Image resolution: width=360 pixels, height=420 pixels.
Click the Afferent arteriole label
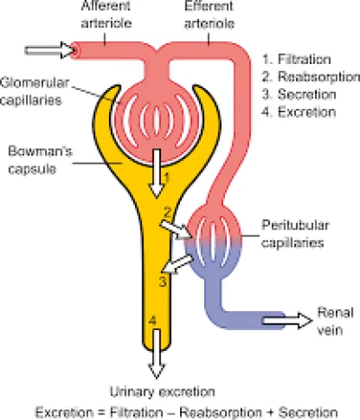[x=106, y=14]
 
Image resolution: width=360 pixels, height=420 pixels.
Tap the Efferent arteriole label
[x=209, y=14]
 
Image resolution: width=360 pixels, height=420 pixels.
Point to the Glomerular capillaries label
[x=34, y=91]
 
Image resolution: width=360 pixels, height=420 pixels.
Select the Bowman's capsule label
[x=40, y=160]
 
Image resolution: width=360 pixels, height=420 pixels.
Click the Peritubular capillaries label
[x=295, y=234]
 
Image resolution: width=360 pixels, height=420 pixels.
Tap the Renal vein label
[x=336, y=321]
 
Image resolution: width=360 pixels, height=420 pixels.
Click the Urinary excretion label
[x=162, y=392]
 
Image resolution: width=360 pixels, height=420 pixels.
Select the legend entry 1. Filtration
[x=297, y=59]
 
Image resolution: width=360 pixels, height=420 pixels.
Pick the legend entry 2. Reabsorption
[x=310, y=76]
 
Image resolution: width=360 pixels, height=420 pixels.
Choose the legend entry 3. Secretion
[x=299, y=94]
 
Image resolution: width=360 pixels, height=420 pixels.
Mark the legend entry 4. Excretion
[x=299, y=112]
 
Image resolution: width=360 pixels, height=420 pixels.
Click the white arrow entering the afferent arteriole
[x=49, y=49]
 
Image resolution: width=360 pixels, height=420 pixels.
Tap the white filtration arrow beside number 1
[x=157, y=174]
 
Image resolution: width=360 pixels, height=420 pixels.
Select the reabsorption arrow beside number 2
[x=176, y=230]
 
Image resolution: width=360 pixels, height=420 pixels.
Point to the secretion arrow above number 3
[x=178, y=264]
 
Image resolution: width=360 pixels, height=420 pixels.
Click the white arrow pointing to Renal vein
[x=287, y=320]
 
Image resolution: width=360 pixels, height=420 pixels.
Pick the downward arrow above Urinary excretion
[x=157, y=353]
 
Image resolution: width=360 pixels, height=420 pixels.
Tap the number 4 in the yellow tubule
[x=152, y=321]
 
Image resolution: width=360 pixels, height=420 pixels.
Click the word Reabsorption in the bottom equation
[x=220, y=413]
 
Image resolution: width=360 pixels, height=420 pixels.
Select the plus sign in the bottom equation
[x=270, y=413]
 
